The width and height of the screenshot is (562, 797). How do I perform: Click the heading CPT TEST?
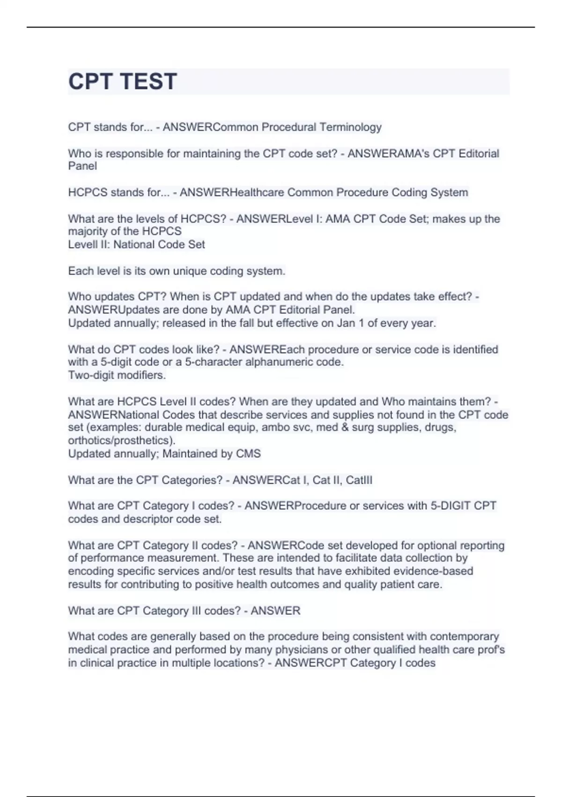click(x=123, y=82)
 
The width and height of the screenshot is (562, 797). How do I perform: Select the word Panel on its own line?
click(x=82, y=166)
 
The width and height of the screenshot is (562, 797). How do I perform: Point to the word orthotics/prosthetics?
click(x=120, y=440)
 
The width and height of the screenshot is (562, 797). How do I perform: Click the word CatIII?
click(x=359, y=480)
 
